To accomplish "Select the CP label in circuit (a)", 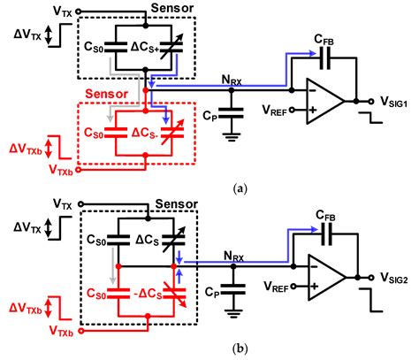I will point(209,113).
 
